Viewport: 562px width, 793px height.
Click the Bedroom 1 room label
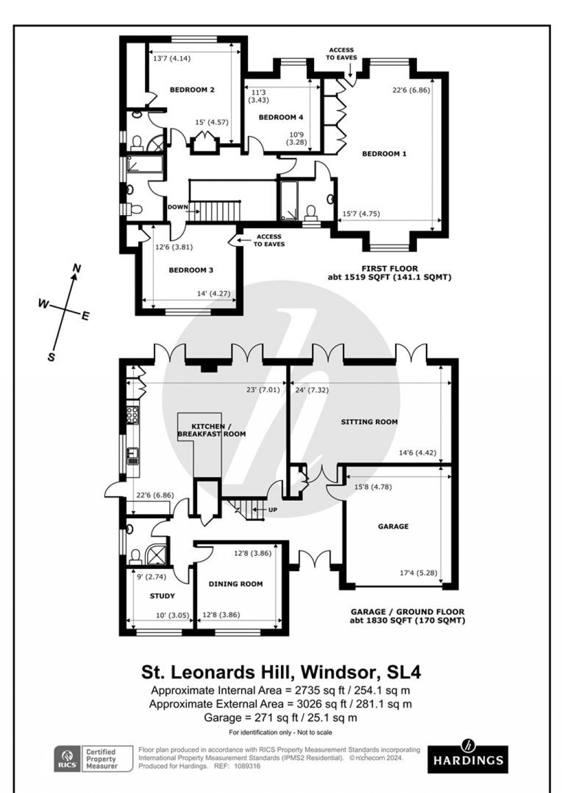coord(384,154)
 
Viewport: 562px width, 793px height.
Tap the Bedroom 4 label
coord(280,117)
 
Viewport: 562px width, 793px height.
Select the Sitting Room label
coord(369,422)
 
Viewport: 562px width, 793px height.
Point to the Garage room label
coord(393,527)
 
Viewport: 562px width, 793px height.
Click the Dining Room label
coord(235,584)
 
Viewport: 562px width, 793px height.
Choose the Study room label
coord(162,596)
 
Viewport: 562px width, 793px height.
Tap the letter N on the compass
coord(77,269)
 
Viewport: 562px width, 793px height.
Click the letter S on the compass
coord(51,357)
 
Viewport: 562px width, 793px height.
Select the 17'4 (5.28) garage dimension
coord(419,573)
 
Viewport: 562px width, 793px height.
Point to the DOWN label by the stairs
coord(177,207)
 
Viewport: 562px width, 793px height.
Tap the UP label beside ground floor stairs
coord(272,510)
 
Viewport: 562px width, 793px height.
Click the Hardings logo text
coord(468,761)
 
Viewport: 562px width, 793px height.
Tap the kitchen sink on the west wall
coord(132,455)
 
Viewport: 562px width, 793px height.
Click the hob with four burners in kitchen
coord(132,414)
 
